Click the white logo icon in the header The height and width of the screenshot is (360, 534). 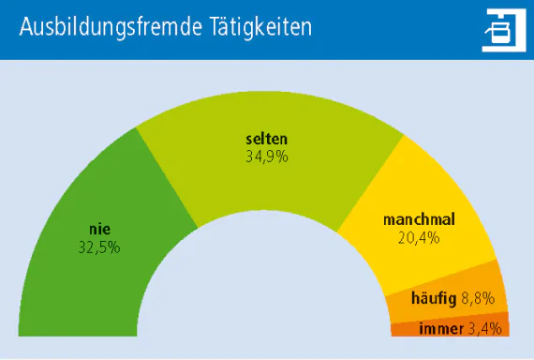497,30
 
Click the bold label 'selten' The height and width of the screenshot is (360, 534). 266,140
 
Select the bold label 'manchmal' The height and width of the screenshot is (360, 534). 419,219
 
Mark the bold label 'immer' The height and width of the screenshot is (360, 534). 440,328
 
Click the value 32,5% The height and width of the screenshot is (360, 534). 99,247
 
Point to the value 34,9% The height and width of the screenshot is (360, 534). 266,157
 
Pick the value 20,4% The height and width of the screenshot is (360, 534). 419,237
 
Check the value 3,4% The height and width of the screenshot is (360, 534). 485,328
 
